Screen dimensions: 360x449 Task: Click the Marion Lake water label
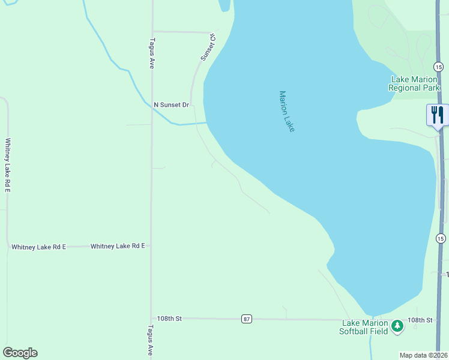[x=287, y=111]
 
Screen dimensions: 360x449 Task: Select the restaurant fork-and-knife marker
[x=436, y=115]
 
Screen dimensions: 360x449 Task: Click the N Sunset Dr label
[x=171, y=105]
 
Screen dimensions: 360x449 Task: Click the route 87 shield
[x=247, y=319]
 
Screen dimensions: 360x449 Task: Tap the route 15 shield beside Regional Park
[x=439, y=66]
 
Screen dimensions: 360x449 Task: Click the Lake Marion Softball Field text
[x=364, y=327]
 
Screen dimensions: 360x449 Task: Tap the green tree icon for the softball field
[x=397, y=326]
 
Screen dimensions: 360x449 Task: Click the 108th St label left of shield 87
[x=169, y=319]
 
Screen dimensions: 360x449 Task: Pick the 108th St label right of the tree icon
[x=420, y=320]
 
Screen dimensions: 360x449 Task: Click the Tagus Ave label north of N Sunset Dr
[x=152, y=53]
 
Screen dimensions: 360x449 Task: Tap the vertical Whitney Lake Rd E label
[x=8, y=165]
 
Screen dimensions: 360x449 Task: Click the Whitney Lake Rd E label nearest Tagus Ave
[x=118, y=246]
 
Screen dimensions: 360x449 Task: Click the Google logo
[x=20, y=353]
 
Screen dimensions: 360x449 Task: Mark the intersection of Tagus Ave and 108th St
[x=151, y=319]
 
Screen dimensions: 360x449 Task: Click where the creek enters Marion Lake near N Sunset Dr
[x=206, y=123]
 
